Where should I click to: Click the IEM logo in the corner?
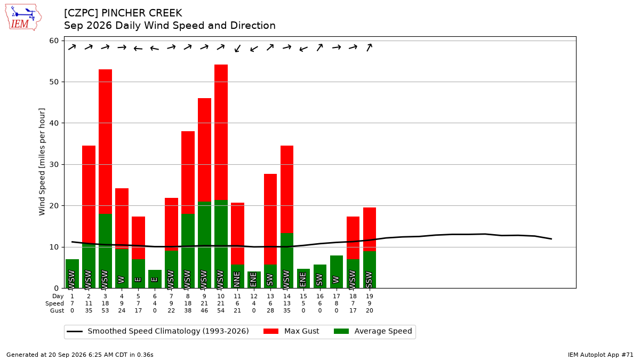coord(23,18)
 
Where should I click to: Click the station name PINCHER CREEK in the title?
coord(142,13)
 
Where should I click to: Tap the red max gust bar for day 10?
coord(221,132)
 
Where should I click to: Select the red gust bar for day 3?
coord(105,142)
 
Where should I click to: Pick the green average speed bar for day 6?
coord(155,279)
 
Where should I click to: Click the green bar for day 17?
coord(337,271)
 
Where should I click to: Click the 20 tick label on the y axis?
coord(54,206)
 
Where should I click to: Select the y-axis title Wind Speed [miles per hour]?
coord(42,162)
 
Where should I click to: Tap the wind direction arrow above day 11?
coord(237,49)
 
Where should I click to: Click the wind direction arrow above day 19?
coord(369,47)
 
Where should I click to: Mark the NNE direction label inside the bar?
coord(237,279)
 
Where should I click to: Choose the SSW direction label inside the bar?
coord(369,279)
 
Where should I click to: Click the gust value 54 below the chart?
coord(221,310)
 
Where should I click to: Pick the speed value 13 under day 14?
coord(287,303)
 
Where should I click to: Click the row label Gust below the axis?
coord(57,310)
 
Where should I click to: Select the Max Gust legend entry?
coord(291,331)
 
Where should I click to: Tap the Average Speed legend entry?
coord(373,331)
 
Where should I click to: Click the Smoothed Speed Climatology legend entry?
coord(158,331)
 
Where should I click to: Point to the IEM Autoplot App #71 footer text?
coord(601,355)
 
